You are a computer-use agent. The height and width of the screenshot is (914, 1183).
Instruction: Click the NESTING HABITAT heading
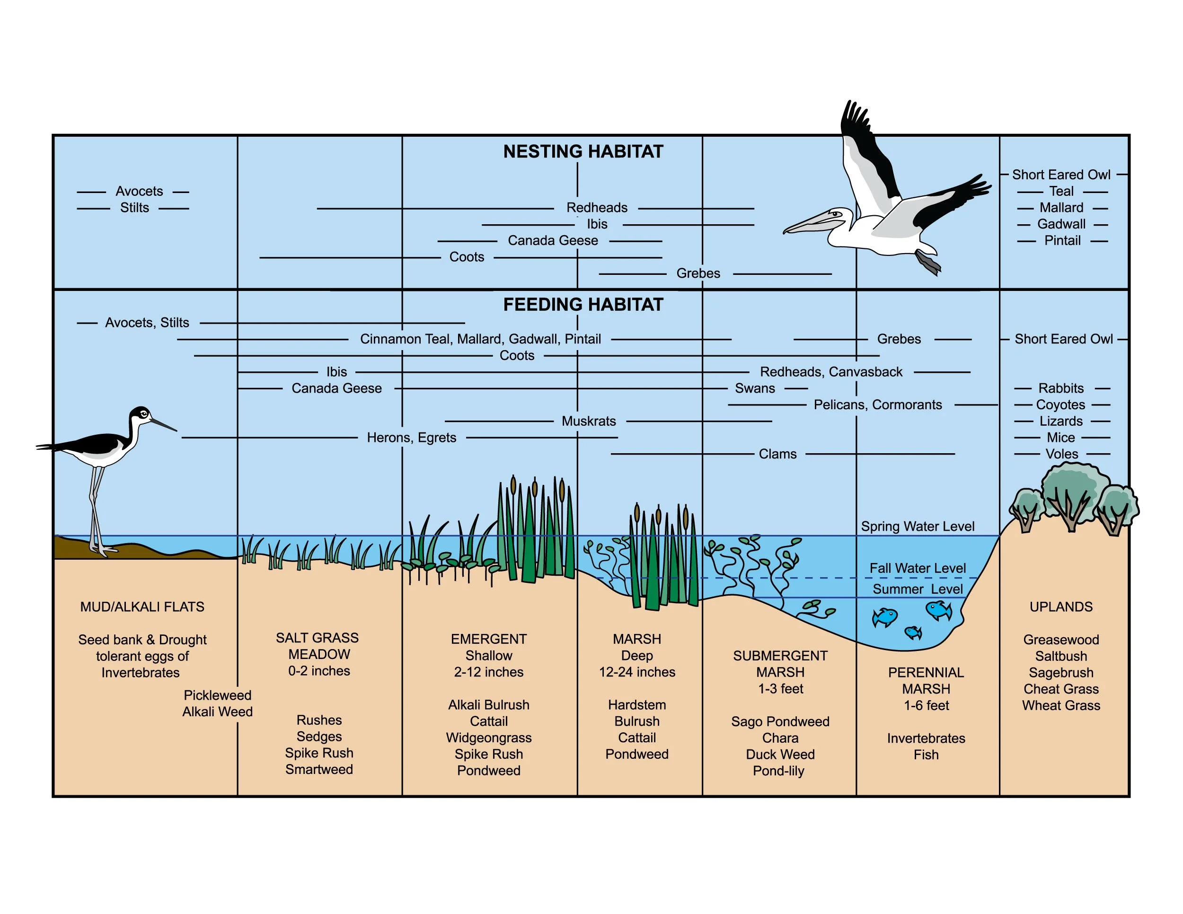(x=583, y=151)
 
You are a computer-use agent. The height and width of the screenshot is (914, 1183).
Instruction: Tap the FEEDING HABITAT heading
(x=583, y=305)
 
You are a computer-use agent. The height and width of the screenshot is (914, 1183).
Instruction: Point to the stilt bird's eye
(x=143, y=414)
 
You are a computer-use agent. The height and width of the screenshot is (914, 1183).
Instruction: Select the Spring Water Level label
(x=918, y=527)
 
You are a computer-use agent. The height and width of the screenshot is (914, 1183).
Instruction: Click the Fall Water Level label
(x=918, y=568)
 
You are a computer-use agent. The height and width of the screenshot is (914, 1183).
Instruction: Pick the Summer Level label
(x=918, y=589)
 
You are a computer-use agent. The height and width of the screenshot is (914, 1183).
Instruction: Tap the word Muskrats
(x=589, y=421)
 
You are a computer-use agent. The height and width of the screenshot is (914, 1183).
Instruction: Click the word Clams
(x=777, y=454)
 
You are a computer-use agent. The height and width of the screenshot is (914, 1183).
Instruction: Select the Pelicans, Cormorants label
(x=877, y=405)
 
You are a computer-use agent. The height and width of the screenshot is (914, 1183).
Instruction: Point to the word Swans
(x=755, y=388)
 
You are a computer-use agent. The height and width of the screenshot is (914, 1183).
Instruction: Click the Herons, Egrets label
(x=411, y=438)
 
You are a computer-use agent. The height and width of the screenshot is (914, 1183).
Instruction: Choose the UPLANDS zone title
(x=1060, y=607)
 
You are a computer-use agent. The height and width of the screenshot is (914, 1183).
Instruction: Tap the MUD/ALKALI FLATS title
(x=142, y=607)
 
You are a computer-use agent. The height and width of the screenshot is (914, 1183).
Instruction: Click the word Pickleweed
(x=217, y=695)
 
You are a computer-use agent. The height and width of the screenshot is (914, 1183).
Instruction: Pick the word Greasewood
(x=1060, y=640)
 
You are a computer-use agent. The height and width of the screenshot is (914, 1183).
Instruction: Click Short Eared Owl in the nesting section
(x=1060, y=175)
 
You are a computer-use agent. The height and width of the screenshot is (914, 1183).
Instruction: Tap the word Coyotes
(x=1060, y=405)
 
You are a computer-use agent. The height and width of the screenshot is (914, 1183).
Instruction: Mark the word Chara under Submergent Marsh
(x=780, y=738)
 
